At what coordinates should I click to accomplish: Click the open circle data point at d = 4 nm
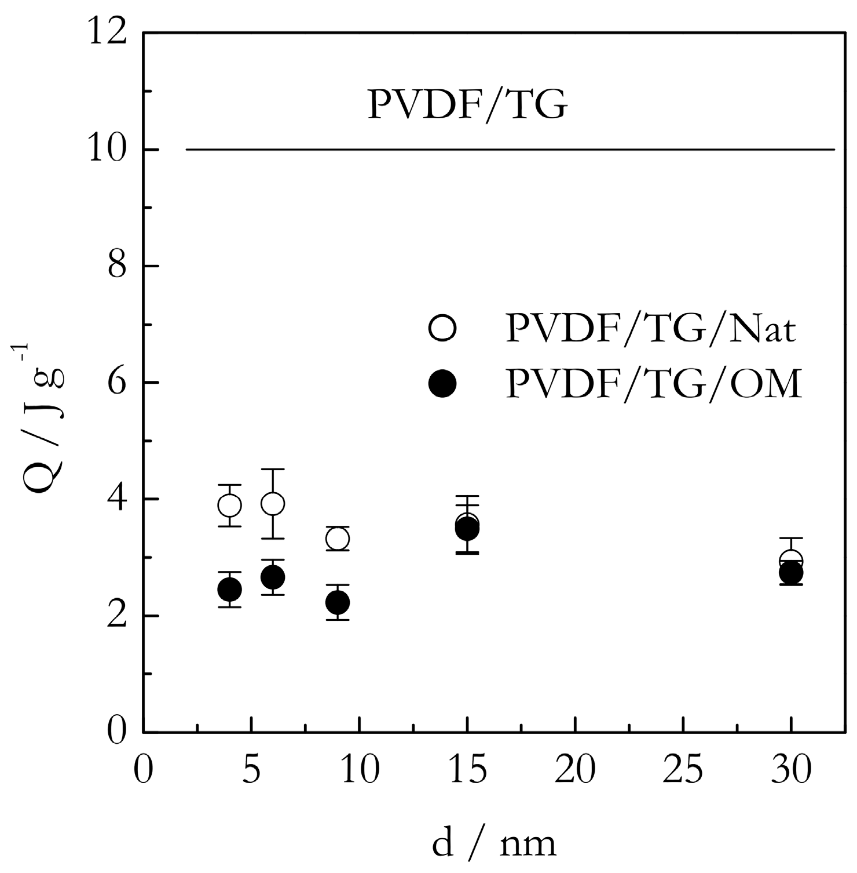click(x=230, y=505)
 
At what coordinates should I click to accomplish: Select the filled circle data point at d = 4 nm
click(x=230, y=590)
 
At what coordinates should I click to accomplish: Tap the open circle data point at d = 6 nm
click(x=273, y=504)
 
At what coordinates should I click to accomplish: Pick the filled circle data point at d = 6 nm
click(x=273, y=577)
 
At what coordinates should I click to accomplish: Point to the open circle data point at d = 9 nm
click(x=338, y=539)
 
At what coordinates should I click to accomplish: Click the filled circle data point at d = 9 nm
click(x=338, y=603)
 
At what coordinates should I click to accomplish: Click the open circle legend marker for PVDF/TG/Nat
click(x=443, y=329)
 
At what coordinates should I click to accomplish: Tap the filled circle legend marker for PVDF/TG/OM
click(x=443, y=384)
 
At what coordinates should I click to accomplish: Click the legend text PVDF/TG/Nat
click(x=651, y=329)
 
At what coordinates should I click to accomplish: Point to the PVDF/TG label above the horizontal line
click(x=467, y=105)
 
